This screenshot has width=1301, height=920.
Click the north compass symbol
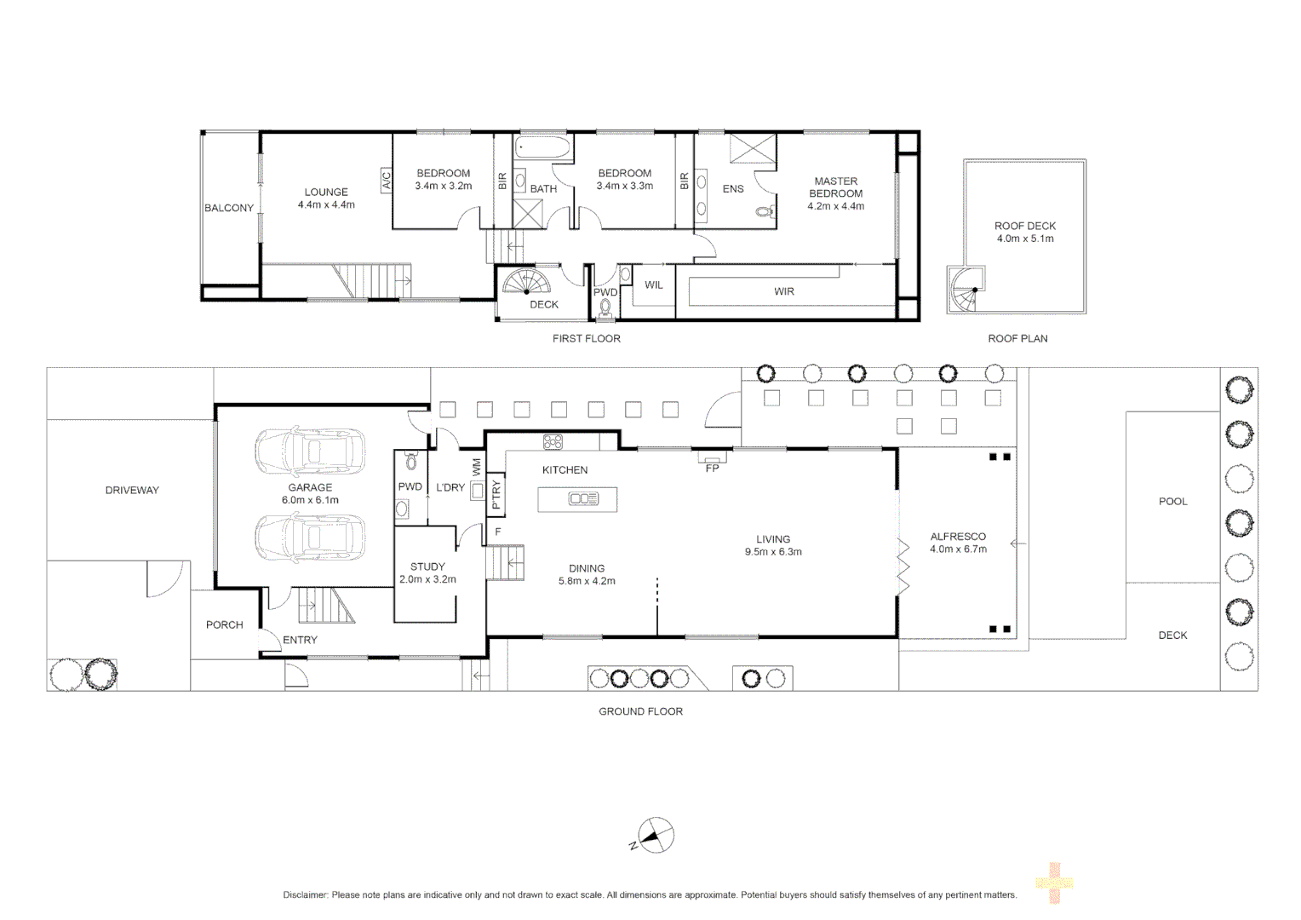[655, 835]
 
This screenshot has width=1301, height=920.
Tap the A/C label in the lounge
[387, 180]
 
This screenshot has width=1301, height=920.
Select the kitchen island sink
[584, 498]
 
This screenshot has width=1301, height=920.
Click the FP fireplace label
[712, 468]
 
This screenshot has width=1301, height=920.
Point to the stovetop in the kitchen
[553, 442]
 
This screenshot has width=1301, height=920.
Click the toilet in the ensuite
[766, 211]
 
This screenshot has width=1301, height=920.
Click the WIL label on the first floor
[654, 285]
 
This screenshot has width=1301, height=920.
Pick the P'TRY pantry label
[496, 493]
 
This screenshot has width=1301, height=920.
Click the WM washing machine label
[477, 467]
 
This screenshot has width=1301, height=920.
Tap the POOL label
[1173, 501]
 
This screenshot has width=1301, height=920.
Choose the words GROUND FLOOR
[640, 710]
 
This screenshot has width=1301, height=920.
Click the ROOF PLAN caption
[1017, 338]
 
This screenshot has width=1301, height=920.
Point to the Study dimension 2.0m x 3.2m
[427, 579]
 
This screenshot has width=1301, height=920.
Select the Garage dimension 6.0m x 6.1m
[310, 500]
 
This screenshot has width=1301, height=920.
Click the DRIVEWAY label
[132, 490]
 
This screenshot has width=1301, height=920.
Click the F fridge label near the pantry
[498, 532]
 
